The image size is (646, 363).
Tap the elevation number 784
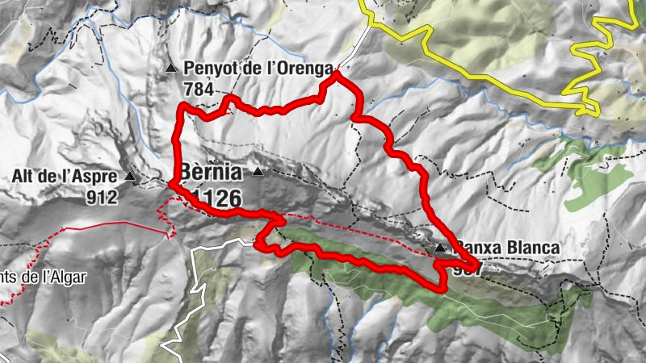199,88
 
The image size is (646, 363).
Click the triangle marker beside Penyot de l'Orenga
170,69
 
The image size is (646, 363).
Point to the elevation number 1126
213,196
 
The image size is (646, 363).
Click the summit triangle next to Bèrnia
258,171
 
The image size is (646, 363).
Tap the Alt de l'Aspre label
65,175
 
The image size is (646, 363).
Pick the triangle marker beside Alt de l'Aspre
130,175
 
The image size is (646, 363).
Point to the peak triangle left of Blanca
439,248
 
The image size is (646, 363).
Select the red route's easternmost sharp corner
476,262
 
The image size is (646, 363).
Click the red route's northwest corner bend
181,108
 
